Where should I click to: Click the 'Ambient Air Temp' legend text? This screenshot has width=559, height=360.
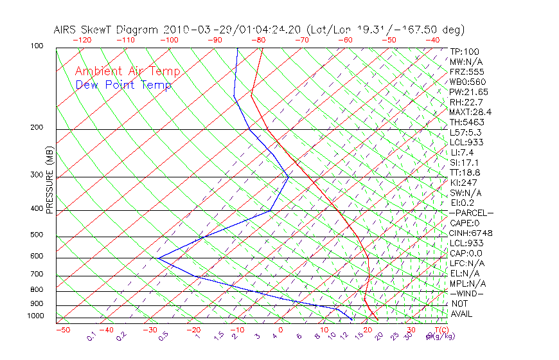pos(127,71)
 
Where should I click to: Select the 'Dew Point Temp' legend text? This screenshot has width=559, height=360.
pos(123,85)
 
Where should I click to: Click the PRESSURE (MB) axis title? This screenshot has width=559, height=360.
pos(49,181)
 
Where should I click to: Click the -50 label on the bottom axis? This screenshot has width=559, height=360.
pos(62,330)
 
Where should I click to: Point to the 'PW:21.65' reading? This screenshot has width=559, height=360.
pos(469,92)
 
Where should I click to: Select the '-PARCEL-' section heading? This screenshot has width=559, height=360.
pos(472,213)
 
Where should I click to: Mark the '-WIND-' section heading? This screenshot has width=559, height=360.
pos(467,293)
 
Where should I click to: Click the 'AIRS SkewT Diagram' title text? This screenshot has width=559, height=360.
pos(107,30)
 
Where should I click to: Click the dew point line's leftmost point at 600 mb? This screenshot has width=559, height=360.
pos(158,258)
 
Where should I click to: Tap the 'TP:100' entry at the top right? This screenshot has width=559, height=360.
pos(465,51)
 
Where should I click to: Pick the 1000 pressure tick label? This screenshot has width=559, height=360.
pos(37,316)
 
